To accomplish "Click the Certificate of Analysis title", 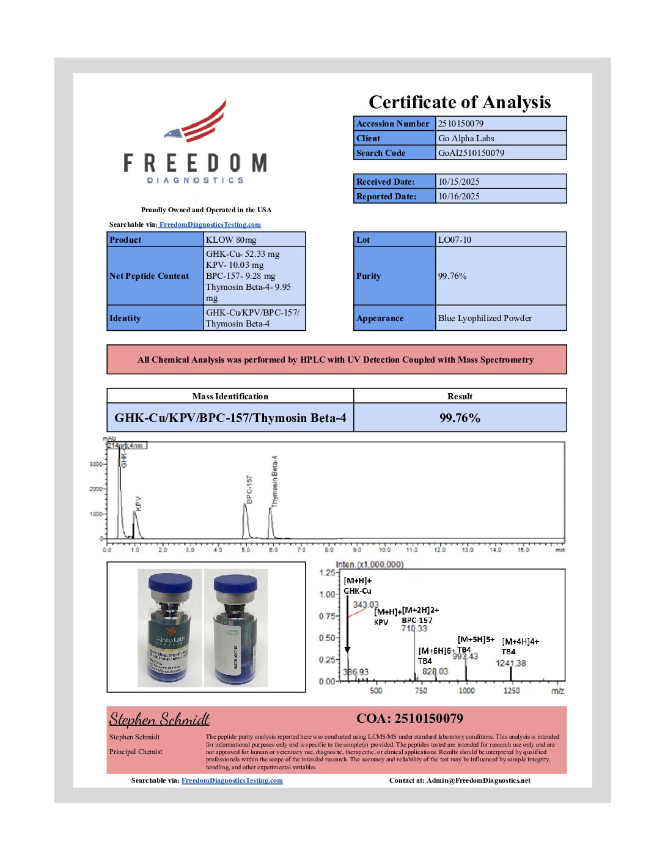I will pyautogui.click(x=460, y=102).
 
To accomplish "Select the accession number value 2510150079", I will pyautogui.click(x=461, y=124).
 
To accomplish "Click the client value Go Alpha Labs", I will pyautogui.click(x=466, y=138).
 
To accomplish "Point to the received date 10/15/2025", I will pyautogui.click(x=458, y=182).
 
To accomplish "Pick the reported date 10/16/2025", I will pyautogui.click(x=458, y=196).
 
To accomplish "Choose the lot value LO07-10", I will pyautogui.click(x=455, y=240).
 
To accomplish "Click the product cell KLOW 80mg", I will pyautogui.click(x=231, y=240).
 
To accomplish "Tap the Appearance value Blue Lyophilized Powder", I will pyautogui.click(x=485, y=318).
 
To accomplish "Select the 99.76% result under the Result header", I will pyautogui.click(x=460, y=418).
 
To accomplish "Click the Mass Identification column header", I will pyautogui.click(x=230, y=396).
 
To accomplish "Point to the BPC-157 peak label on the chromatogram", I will pyautogui.click(x=249, y=489).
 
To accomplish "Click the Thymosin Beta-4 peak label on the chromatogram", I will pyautogui.click(x=274, y=481).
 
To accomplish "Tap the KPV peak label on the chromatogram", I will pyautogui.click(x=138, y=503).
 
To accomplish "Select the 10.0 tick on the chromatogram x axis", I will pyautogui.click(x=384, y=550).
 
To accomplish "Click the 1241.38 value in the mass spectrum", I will pyautogui.click(x=510, y=663).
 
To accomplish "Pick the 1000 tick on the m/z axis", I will pyautogui.click(x=466, y=690).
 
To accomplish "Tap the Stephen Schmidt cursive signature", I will pyautogui.click(x=159, y=719).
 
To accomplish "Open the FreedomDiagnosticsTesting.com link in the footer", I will pyautogui.click(x=232, y=780).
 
